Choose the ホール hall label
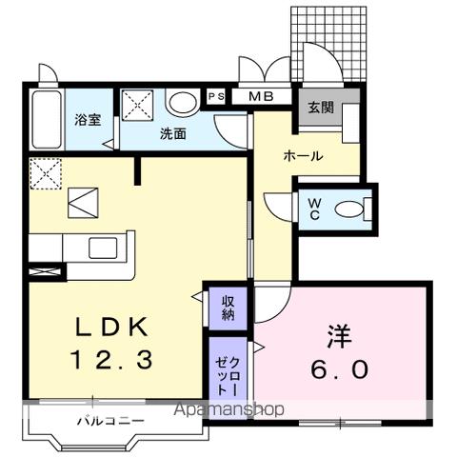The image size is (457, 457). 302,155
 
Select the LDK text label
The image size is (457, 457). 111,328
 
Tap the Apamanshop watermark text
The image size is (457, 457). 231,411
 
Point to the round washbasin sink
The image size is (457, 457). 181,102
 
